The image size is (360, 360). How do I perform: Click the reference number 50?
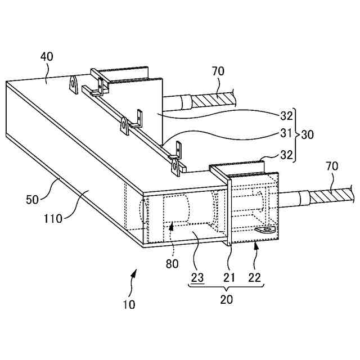click(x=33, y=199)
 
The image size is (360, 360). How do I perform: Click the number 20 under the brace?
click(x=226, y=299)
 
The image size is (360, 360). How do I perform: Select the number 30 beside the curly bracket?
click(x=307, y=135)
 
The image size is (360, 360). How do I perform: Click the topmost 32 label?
click(x=286, y=116)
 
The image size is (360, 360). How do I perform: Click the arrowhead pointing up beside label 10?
click(x=134, y=273)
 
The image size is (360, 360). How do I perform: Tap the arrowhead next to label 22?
click(x=256, y=244)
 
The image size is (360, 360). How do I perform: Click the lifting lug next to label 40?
click(x=74, y=84)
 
